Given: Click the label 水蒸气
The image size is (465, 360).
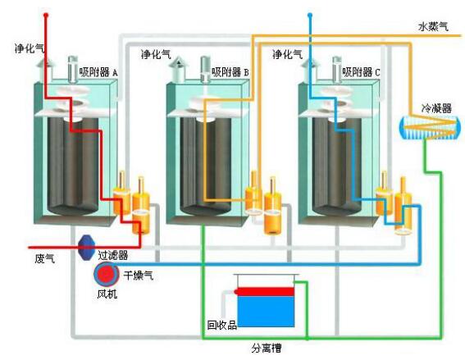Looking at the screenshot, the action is coord(433,27).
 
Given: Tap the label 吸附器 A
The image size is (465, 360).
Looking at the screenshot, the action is coord(98,72).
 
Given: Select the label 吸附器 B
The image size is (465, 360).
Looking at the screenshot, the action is coord(230,72).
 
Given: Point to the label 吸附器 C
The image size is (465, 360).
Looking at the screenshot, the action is coord(361,72).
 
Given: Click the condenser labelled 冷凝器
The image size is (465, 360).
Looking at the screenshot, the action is coord(430,127).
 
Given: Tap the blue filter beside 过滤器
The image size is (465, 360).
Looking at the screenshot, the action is coord(87,248).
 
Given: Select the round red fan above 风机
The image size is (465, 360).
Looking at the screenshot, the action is coord(106,274).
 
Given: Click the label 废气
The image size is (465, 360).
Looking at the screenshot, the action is coord(44,259).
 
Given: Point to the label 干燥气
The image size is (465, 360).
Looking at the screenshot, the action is coord(139,276).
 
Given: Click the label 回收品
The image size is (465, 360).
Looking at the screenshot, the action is coord(221,326).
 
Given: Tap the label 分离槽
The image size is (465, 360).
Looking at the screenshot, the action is coord(267,348).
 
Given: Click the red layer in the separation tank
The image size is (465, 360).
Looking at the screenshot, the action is coord(265,292).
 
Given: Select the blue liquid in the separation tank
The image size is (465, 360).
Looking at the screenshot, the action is coord(266,312).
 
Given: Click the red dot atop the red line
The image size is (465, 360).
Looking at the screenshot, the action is coord(46,15).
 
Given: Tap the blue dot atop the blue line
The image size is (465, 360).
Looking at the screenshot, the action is coord(310,15).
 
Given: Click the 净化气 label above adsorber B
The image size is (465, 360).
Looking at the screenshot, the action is coord(156,54).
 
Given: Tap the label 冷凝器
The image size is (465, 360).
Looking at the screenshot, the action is coord(436,108).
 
